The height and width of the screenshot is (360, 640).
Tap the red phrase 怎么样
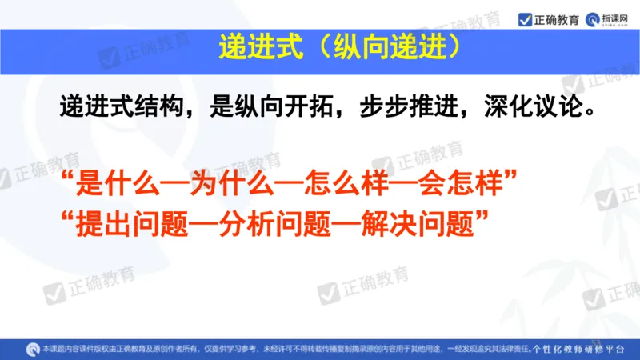349,186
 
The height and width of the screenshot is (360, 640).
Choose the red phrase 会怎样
463,186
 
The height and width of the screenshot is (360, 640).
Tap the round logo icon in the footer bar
33,349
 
